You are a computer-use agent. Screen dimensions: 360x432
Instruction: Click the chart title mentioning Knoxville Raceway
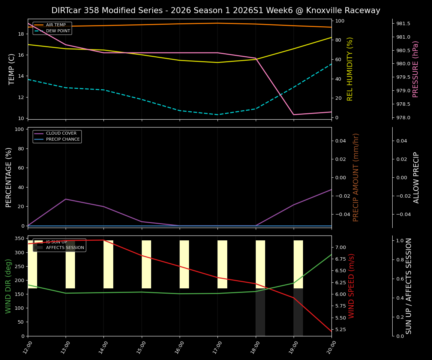(216, 10)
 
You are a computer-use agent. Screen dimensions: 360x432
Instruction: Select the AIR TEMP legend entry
(55, 25)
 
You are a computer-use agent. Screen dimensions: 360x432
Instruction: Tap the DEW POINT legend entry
(58, 31)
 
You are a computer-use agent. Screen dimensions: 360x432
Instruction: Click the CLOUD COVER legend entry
(61, 133)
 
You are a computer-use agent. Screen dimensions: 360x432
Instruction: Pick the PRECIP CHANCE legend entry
(63, 139)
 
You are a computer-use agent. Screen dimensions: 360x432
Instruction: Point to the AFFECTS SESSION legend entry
(65, 248)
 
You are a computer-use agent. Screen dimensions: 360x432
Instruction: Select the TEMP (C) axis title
(12, 69)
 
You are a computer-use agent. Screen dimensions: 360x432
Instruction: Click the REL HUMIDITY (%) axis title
(350, 69)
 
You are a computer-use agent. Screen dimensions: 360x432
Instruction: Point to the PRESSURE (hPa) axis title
(415, 69)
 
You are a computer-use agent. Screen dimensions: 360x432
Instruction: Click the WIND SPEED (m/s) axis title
(351, 286)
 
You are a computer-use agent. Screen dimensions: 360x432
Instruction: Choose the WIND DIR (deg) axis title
(8, 286)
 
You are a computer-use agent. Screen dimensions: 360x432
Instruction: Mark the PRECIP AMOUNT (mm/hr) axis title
(356, 177)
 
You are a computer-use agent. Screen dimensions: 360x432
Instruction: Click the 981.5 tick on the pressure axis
(403, 24)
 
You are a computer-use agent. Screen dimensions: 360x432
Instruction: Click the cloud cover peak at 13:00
(66, 199)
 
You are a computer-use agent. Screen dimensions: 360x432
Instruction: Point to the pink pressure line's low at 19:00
(294, 115)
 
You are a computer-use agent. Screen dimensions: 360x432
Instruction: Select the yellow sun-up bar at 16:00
(184, 264)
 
